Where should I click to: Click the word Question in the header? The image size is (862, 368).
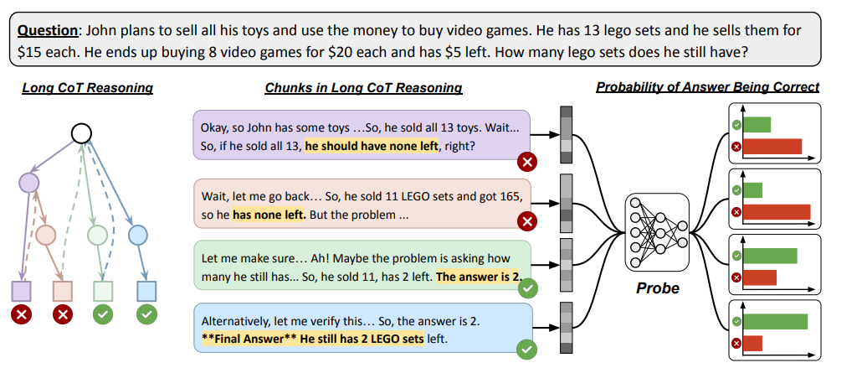(47, 31)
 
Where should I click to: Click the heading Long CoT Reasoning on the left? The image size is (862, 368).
(88, 87)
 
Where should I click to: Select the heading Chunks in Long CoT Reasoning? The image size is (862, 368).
(363, 87)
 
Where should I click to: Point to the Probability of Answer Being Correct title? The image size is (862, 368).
(707, 87)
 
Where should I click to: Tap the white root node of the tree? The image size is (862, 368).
(81, 133)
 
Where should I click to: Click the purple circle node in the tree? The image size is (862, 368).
(29, 181)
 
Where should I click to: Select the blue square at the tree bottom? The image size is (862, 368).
(146, 291)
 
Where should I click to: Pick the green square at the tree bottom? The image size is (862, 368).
(103, 291)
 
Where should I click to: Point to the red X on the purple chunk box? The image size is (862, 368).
(527, 161)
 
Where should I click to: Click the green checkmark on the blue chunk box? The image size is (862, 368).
(527, 350)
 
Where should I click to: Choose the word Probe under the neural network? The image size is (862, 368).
(657, 288)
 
